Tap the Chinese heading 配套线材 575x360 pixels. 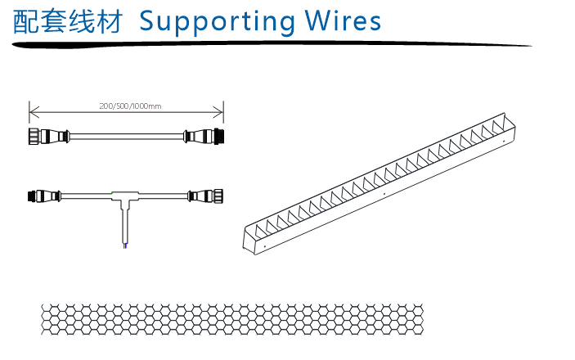pos(67,21)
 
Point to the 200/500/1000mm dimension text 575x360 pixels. pos(130,106)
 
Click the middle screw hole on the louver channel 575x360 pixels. pos(384,195)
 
